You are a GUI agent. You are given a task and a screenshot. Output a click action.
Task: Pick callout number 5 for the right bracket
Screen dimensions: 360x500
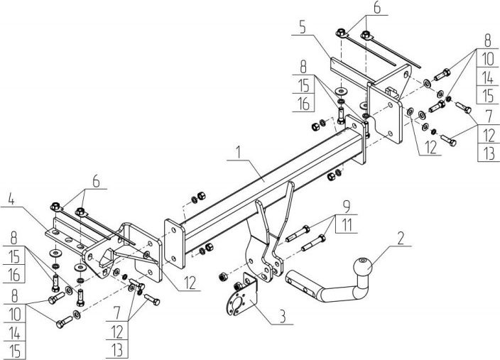[x=303, y=29]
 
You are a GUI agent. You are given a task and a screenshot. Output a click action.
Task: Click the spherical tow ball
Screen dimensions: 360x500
[x=362, y=271]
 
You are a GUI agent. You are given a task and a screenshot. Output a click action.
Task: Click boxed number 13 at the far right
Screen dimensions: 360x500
[x=487, y=153]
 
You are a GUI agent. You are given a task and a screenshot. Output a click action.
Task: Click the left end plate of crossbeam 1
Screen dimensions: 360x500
[x=173, y=241]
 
